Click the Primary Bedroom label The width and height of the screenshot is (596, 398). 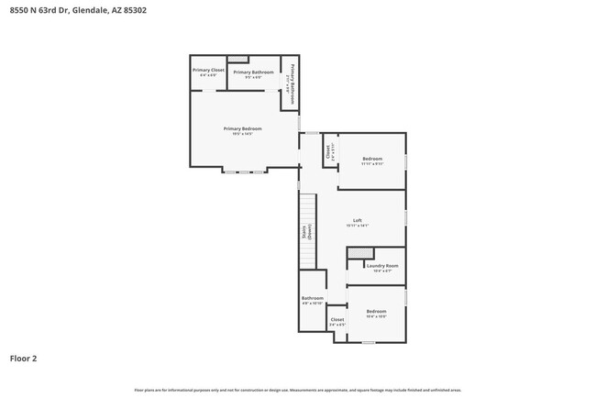pos(243,128)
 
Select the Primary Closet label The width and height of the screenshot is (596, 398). pos(208,70)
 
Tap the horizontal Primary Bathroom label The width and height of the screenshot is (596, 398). pos(253,72)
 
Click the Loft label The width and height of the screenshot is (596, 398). pos(358,221)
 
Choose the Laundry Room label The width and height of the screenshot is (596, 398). pos(381,266)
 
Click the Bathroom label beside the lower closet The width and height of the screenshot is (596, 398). pos(313,298)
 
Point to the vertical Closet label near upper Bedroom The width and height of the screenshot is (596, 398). pos(328,153)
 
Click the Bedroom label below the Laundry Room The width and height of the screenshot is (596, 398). pos(377,311)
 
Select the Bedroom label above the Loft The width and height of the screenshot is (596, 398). pos(372,160)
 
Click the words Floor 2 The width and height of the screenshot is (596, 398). pos(23,358)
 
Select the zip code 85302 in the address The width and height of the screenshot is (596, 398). pos(133,10)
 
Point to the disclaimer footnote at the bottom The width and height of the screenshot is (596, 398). pos(298,389)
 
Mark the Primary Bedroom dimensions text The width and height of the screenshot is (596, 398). pos(243,135)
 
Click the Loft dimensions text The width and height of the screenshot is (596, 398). pos(358,226)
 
